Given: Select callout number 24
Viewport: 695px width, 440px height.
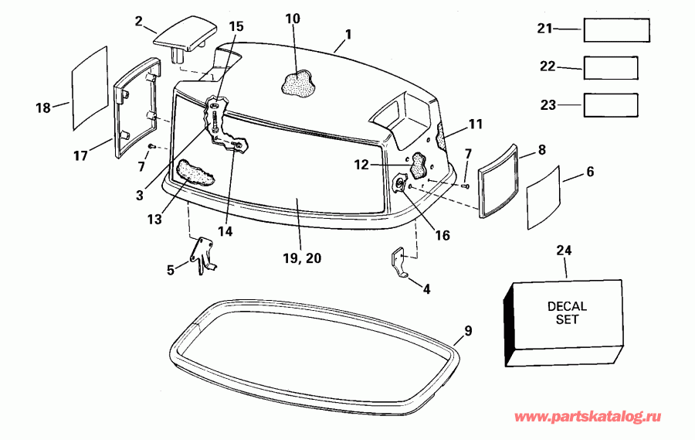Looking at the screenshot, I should [x=565, y=250].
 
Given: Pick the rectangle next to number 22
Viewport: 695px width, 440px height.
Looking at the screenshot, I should [x=610, y=67].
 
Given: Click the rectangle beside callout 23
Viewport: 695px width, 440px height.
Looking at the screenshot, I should [x=610, y=104].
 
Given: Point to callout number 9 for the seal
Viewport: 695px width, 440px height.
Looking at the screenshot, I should [x=467, y=331].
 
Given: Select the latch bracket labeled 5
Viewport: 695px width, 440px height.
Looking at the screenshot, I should [x=202, y=254].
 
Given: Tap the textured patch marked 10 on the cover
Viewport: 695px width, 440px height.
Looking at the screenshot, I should [x=297, y=83].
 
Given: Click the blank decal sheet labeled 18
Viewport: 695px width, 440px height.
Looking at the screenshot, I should [x=89, y=87].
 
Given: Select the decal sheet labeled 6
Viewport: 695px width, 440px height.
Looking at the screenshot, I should [x=549, y=196].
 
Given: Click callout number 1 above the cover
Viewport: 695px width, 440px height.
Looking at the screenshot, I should [x=348, y=34].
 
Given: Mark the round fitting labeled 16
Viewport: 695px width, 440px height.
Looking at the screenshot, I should [x=400, y=184].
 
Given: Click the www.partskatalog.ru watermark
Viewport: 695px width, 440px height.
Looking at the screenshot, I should [x=588, y=418].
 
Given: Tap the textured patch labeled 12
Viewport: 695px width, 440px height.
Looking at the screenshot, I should [x=419, y=164].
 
